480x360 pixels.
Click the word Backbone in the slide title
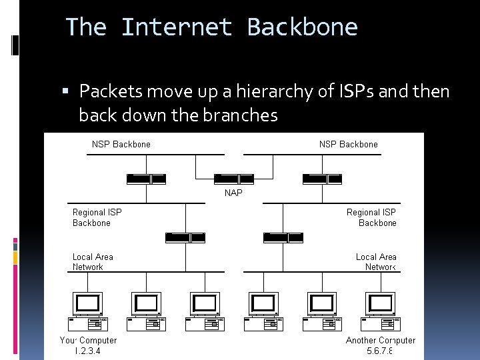302,27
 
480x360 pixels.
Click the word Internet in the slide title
177,27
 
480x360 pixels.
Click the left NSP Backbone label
121,144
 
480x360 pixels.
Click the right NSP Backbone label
348,144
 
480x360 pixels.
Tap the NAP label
233,193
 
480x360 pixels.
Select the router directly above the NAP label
233,179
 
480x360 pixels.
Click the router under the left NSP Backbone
146,179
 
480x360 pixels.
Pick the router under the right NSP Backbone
322,179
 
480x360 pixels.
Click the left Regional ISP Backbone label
97,217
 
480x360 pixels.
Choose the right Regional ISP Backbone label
371,217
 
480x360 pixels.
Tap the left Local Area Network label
93,262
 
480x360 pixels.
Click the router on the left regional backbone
186,237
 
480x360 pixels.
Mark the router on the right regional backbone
283,237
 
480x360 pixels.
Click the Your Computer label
88,340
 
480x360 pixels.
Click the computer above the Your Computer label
88,311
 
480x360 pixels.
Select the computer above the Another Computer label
380,311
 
